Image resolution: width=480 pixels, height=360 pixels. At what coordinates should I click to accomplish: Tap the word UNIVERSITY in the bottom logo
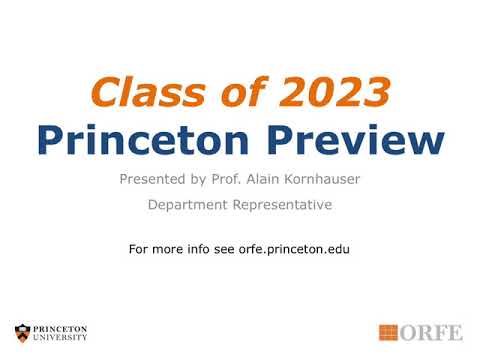tap(60, 338)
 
